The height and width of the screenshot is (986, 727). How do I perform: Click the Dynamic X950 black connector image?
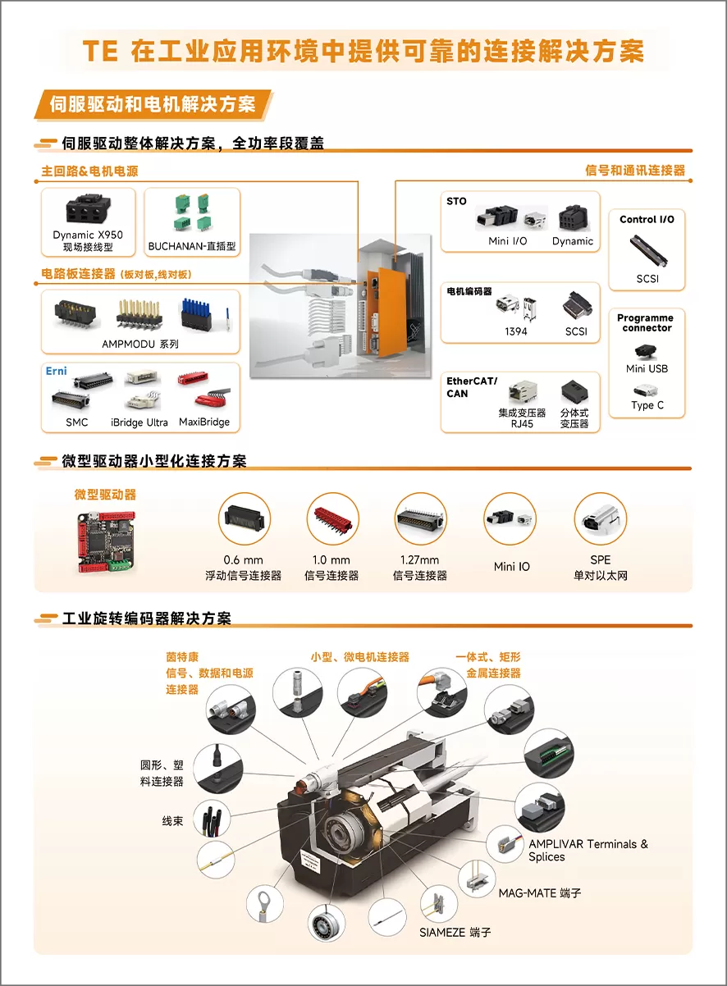88,208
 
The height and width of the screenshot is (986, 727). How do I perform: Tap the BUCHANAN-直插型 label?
192,246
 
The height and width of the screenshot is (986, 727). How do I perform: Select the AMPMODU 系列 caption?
140,344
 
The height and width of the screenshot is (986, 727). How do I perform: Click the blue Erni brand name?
57,371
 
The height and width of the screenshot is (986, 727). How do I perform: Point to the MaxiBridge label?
204,422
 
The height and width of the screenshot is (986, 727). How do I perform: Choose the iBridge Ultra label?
139,422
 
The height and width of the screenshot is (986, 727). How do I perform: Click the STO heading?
456,201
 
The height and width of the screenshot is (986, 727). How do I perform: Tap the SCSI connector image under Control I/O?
647,250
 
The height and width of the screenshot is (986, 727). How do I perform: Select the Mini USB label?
647,368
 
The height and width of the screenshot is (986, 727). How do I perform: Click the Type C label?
647,405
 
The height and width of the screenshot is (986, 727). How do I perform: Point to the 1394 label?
515,331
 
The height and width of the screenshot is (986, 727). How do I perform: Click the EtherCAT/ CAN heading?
472,387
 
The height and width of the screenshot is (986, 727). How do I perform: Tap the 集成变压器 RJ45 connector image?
523,392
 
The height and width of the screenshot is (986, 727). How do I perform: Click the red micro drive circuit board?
106,541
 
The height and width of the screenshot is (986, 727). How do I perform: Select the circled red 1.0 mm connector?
333,519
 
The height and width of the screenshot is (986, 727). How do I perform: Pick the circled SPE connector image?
600,518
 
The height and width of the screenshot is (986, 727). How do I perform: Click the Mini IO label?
512,567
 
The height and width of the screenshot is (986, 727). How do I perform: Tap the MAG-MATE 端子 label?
540,893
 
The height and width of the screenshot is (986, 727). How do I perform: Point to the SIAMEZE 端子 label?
455,933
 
